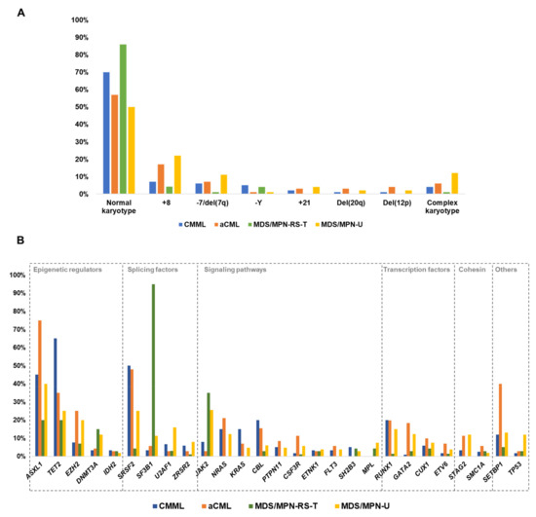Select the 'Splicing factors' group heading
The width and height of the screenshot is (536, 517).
pyautogui.click(x=152, y=269)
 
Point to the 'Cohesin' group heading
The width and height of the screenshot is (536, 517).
pyautogui.click(x=471, y=269)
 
